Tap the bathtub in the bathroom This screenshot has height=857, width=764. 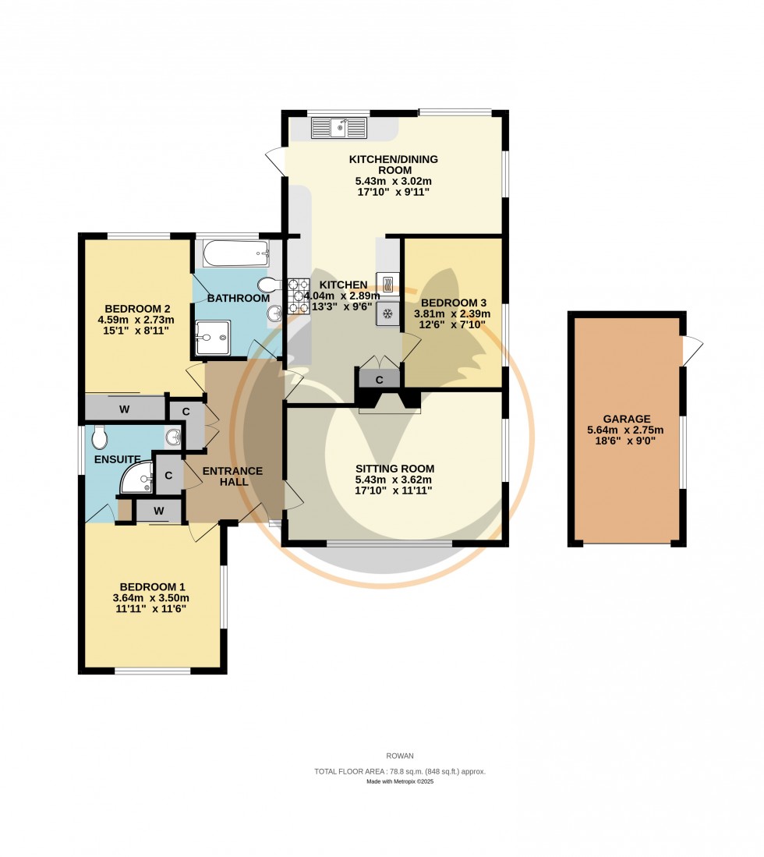pyautogui.click(x=235, y=253)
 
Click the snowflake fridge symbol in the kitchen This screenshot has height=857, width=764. pyautogui.click(x=387, y=313)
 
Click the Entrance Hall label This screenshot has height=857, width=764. pyautogui.click(x=232, y=476)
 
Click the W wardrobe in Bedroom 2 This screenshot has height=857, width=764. pyautogui.click(x=124, y=408)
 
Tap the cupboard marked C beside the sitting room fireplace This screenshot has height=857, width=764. pyautogui.click(x=379, y=380)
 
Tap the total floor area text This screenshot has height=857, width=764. pyautogui.click(x=399, y=771)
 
